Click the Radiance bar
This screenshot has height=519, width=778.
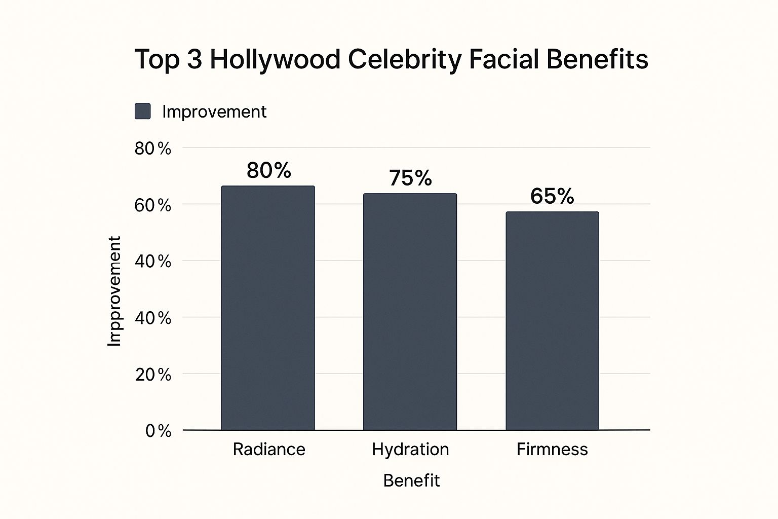[268, 308]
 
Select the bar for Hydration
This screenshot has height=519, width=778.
[410, 312]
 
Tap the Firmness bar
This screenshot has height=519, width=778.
[552, 321]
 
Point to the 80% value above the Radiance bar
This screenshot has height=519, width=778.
[268, 171]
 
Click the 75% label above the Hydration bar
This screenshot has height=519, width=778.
[410, 178]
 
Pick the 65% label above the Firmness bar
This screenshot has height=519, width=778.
[552, 196]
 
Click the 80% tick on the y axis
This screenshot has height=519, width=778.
[152, 149]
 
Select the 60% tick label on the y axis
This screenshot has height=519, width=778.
[152, 205]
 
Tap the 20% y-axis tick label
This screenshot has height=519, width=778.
[152, 375]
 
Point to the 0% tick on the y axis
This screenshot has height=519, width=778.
[158, 431]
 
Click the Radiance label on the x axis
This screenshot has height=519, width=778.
[269, 450]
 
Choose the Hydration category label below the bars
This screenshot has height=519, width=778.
[410, 450]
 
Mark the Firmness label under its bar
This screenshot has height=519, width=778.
[552, 450]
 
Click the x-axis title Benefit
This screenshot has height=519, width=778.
[411, 480]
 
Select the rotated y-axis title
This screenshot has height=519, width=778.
[115, 291]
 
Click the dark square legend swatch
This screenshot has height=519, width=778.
[143, 112]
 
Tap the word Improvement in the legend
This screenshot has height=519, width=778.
[214, 112]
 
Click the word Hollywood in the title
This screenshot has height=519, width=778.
[275, 60]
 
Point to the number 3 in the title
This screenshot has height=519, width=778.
[194, 60]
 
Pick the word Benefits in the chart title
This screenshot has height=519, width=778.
[597, 59]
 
